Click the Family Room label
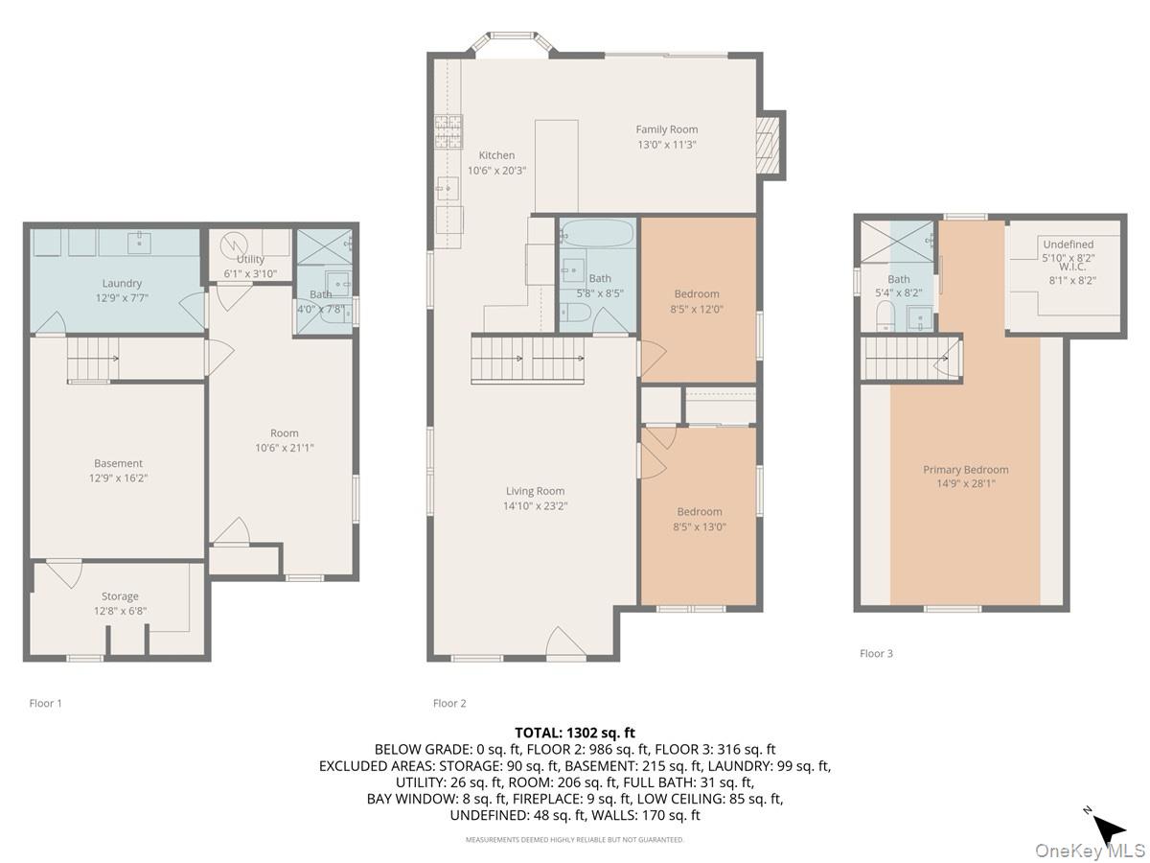pyautogui.click(x=667, y=129)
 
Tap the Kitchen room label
pyautogui.click(x=496, y=155)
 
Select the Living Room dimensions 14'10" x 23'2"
pyautogui.click(x=536, y=506)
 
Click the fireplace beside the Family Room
pyautogui.click(x=770, y=145)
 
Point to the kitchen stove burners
pyautogui.click(x=448, y=132)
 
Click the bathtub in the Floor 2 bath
pyautogui.click(x=596, y=233)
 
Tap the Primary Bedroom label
pyautogui.click(x=965, y=470)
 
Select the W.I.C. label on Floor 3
pyautogui.click(x=1071, y=268)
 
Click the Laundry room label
pyautogui.click(x=122, y=283)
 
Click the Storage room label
pyautogui.click(x=120, y=596)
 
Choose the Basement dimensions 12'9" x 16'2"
pyautogui.click(x=118, y=478)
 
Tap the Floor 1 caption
pyautogui.click(x=46, y=703)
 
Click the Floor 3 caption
pyautogui.click(x=876, y=653)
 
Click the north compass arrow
pyautogui.click(x=1110, y=828)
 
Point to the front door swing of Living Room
pyautogui.click(x=563, y=643)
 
